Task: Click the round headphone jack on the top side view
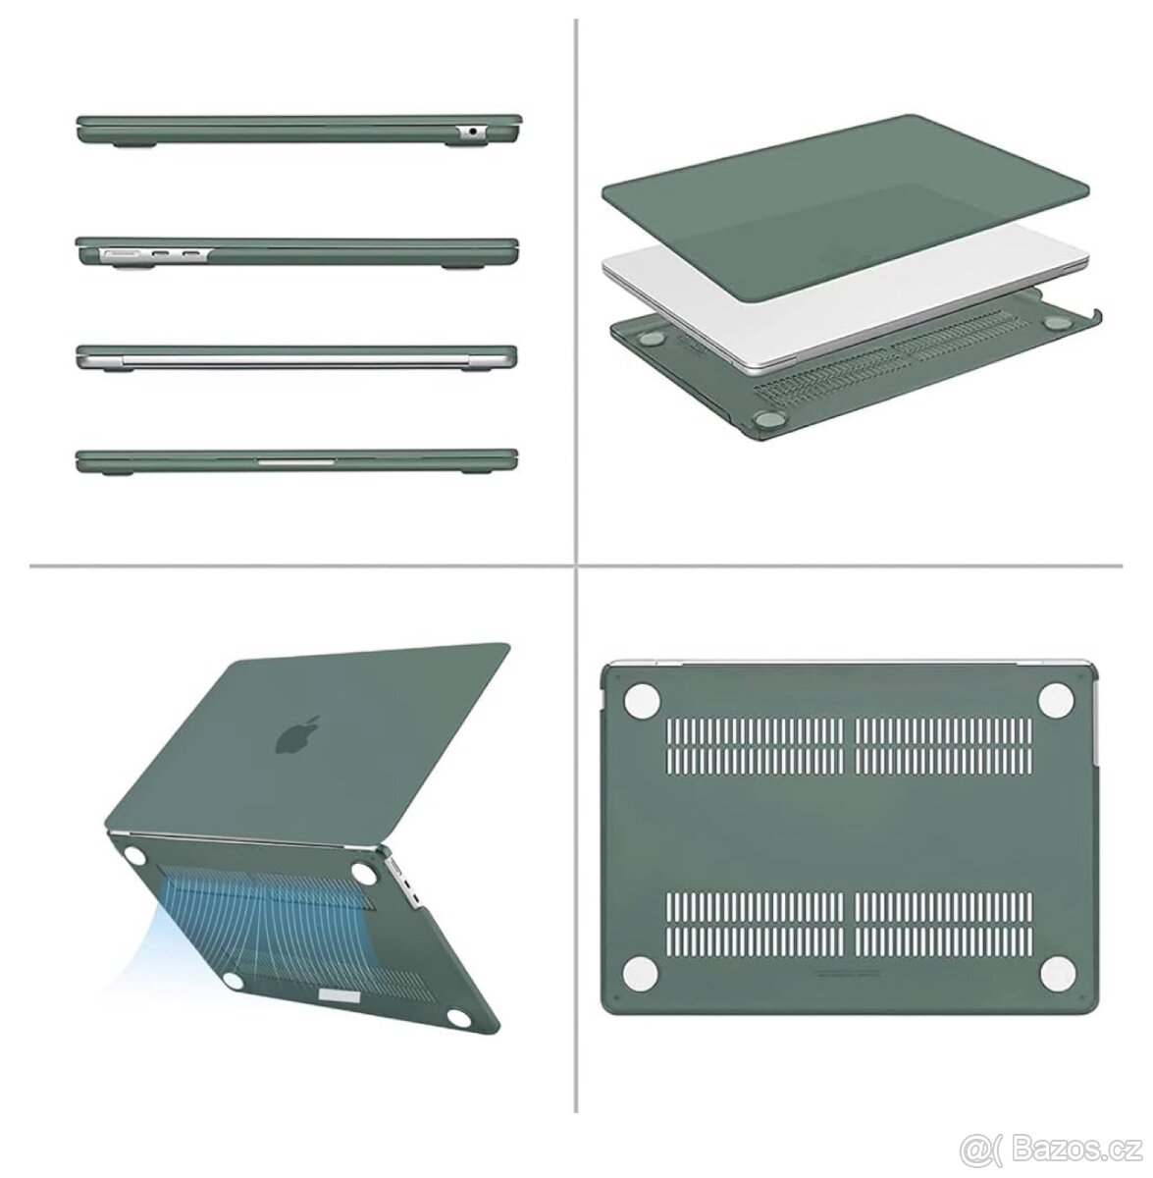coord(472,131)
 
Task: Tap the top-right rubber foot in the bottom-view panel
coord(1057,699)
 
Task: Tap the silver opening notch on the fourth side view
coord(296,461)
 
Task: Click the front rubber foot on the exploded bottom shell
coord(765,419)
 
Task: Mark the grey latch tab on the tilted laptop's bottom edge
coord(340,998)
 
